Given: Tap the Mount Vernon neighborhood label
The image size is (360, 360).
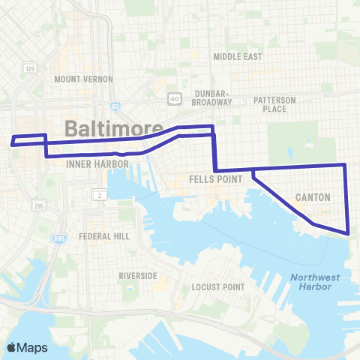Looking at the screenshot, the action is [x=83, y=79].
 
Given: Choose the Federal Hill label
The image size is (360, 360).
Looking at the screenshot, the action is [x=104, y=235].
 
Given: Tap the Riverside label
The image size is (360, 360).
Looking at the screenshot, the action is [x=138, y=276].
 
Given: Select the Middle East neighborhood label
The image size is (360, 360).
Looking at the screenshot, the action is [x=236, y=56].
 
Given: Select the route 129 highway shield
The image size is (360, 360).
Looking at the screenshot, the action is [x=30, y=68].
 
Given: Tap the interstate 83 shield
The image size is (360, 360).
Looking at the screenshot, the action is [x=114, y=106].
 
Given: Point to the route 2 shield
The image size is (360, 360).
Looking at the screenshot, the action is [x=98, y=195].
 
